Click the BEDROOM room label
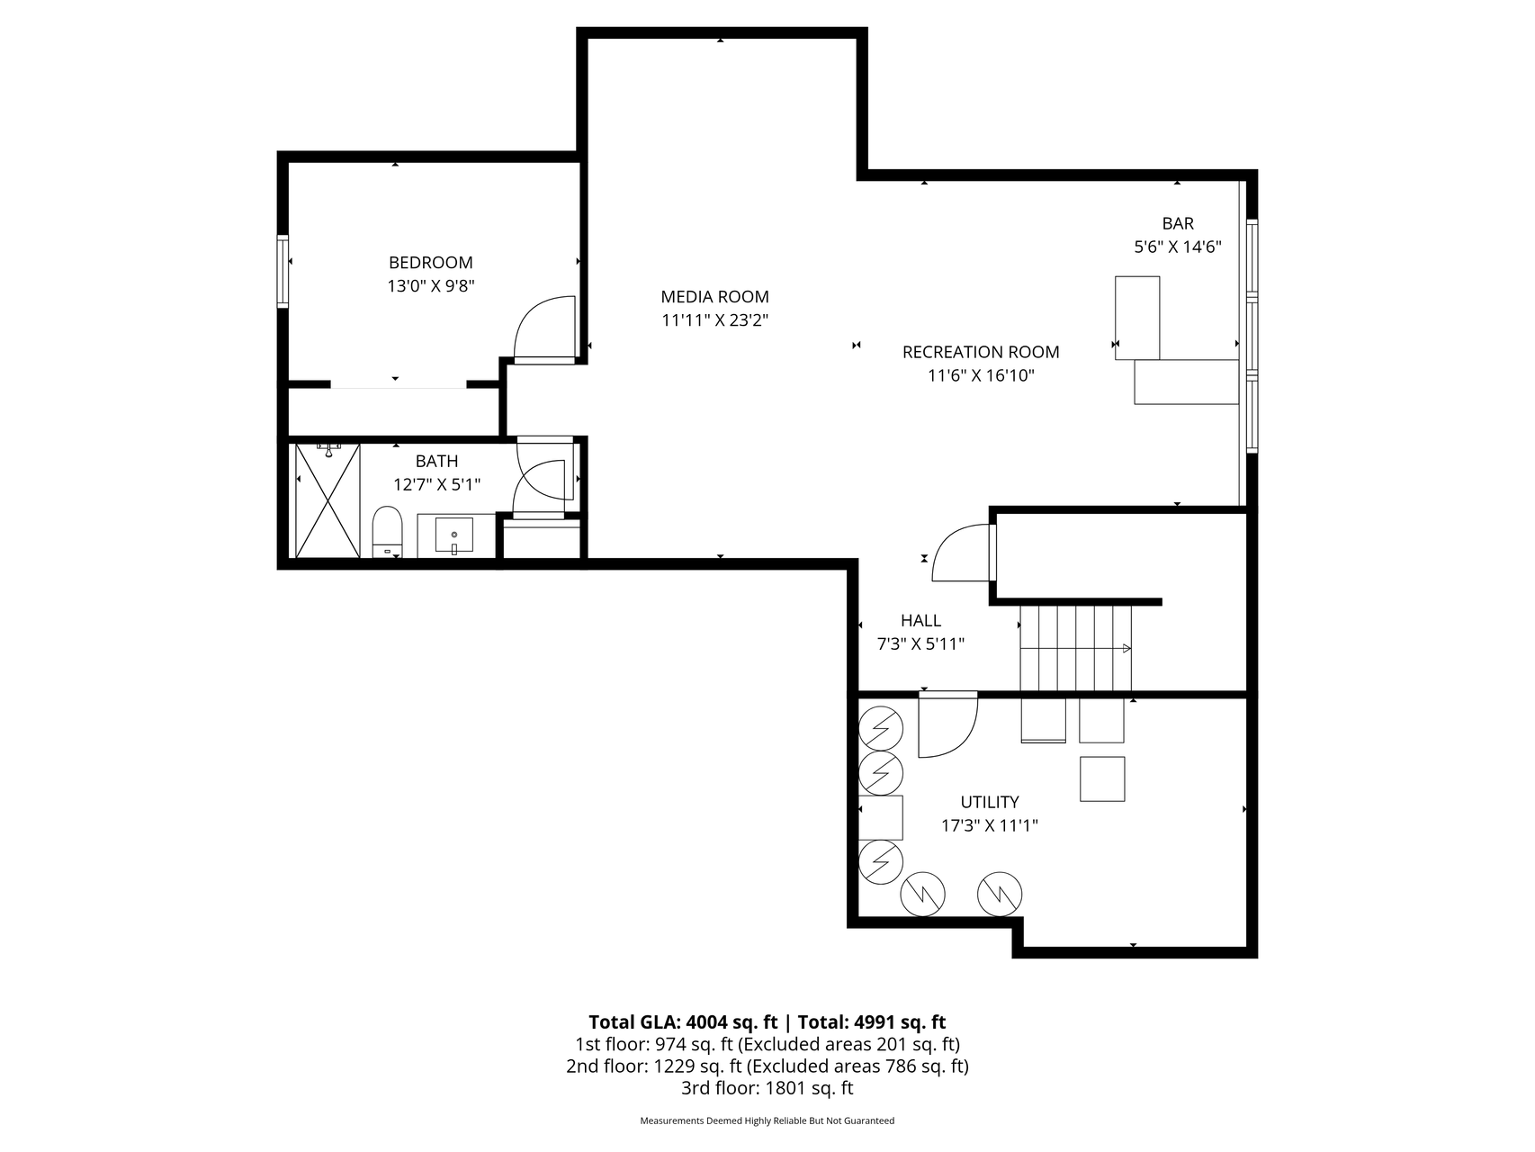tap(430, 263)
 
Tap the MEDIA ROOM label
tap(714, 297)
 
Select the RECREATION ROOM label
tap(981, 353)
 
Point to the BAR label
tap(1178, 224)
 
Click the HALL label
tap(920, 621)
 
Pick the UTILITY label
tap(990, 803)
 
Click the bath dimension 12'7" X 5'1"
tap(437, 485)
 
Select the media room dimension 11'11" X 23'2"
tap(714, 320)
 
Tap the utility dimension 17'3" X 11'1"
tap(990, 826)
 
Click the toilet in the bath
tap(387, 532)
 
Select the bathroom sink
tap(454, 535)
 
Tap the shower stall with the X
tap(328, 500)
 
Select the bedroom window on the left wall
tap(283, 271)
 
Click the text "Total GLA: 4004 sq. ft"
tap(683, 1022)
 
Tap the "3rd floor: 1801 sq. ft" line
tap(767, 1089)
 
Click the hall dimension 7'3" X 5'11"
tap(920, 644)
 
